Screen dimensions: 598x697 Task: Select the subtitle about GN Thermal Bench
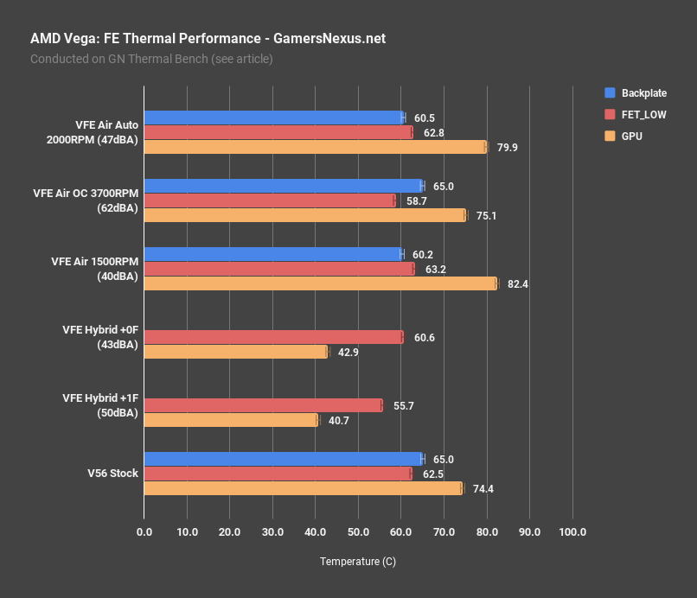click(151, 59)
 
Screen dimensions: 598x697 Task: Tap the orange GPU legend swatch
click(611, 136)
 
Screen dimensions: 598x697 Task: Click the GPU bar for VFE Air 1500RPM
click(320, 283)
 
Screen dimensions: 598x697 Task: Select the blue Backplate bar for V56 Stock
click(283, 459)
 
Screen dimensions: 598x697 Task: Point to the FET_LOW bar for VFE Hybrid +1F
click(263, 405)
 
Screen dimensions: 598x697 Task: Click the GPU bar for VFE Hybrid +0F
click(236, 352)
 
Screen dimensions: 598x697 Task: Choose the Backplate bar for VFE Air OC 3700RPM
click(283, 186)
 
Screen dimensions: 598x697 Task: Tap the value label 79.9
click(508, 148)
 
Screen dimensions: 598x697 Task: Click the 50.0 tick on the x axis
click(358, 531)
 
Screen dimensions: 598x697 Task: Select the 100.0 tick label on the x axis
click(572, 531)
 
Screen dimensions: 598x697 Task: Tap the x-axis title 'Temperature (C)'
click(358, 562)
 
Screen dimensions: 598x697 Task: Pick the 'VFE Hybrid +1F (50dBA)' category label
click(100, 405)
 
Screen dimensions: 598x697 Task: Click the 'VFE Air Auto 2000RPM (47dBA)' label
click(94, 132)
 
